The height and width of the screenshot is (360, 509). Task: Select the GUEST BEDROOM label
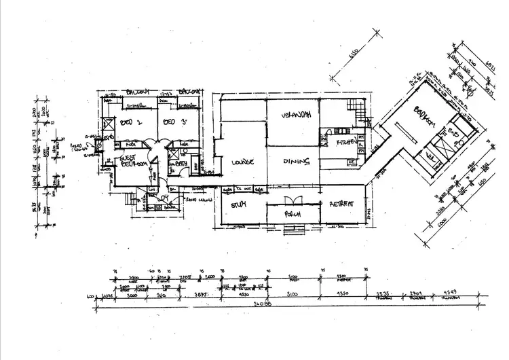[x=133, y=160]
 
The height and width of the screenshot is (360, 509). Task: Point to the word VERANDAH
[x=296, y=117]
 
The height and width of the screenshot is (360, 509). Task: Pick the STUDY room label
[x=238, y=204]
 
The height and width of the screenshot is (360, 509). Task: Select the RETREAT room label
[x=343, y=204]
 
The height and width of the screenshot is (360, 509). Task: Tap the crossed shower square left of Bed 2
[x=107, y=125]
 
